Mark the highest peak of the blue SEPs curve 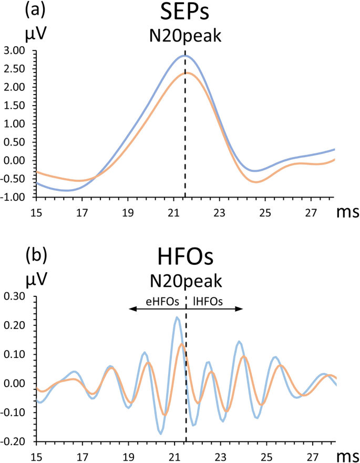[x=184, y=55]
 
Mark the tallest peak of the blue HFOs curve [x=178, y=317]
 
